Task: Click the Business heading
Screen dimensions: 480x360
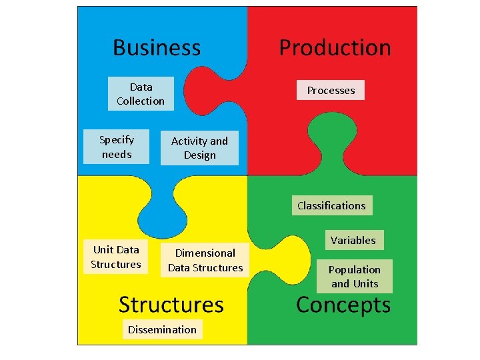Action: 157,47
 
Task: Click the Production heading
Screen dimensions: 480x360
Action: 335,47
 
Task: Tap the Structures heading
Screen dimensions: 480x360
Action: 171,305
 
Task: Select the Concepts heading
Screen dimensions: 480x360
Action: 343,305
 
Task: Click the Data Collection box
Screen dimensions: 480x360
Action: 141,94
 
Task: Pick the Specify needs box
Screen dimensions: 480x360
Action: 117,147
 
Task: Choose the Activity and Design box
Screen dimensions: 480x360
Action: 199,148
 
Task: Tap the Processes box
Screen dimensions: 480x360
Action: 331,90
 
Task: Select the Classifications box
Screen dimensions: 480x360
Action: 331,205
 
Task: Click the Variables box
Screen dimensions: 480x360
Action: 353,240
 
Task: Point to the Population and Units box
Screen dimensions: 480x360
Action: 355,277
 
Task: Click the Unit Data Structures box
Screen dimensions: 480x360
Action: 116,257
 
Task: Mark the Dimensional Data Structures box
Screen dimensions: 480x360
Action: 205,260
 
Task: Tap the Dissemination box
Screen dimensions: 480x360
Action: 163,329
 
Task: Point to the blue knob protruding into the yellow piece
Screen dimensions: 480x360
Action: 157,207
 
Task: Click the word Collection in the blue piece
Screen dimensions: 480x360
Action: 141,101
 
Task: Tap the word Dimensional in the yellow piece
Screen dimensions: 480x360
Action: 205,253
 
